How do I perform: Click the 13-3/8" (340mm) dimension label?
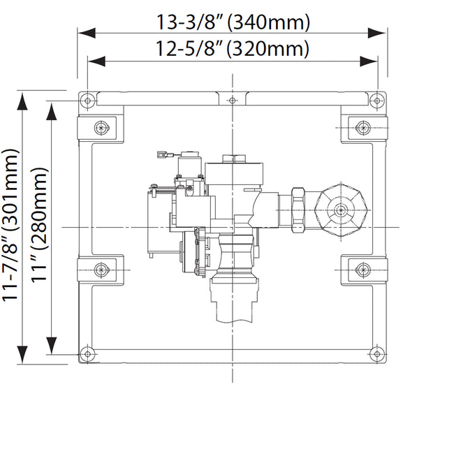[x=232, y=22]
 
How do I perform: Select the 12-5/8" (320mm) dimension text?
[x=232, y=49]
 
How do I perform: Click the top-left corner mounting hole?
[x=87, y=101]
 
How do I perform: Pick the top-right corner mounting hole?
[x=377, y=101]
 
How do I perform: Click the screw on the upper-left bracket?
[x=102, y=128]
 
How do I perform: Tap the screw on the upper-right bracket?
[x=362, y=128]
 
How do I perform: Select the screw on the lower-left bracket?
[x=102, y=269]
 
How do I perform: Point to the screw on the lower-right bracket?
[x=362, y=269]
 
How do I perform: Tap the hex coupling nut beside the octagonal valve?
[x=299, y=209]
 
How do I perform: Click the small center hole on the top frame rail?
[x=232, y=101]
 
